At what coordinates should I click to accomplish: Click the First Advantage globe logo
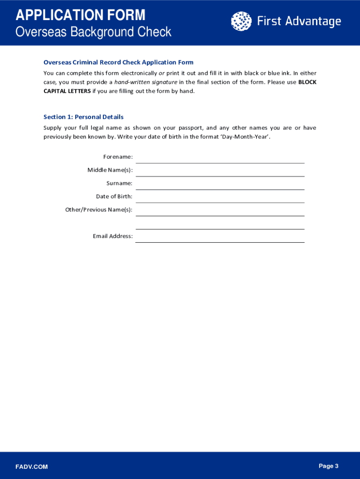click(x=241, y=22)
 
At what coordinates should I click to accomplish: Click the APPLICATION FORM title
click(x=80, y=15)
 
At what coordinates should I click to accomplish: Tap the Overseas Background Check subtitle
click(x=94, y=32)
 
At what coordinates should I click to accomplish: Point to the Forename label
click(x=118, y=157)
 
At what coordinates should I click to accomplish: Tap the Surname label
click(x=119, y=183)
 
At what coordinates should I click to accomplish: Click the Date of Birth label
click(x=114, y=196)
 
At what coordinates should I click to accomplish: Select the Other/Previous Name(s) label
click(x=99, y=210)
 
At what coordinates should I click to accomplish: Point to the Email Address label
click(x=113, y=236)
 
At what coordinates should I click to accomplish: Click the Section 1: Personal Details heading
click(x=83, y=117)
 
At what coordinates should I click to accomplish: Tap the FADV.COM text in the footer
click(x=31, y=467)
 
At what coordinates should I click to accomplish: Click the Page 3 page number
click(x=328, y=466)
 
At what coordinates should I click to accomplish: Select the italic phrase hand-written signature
click(x=146, y=82)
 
